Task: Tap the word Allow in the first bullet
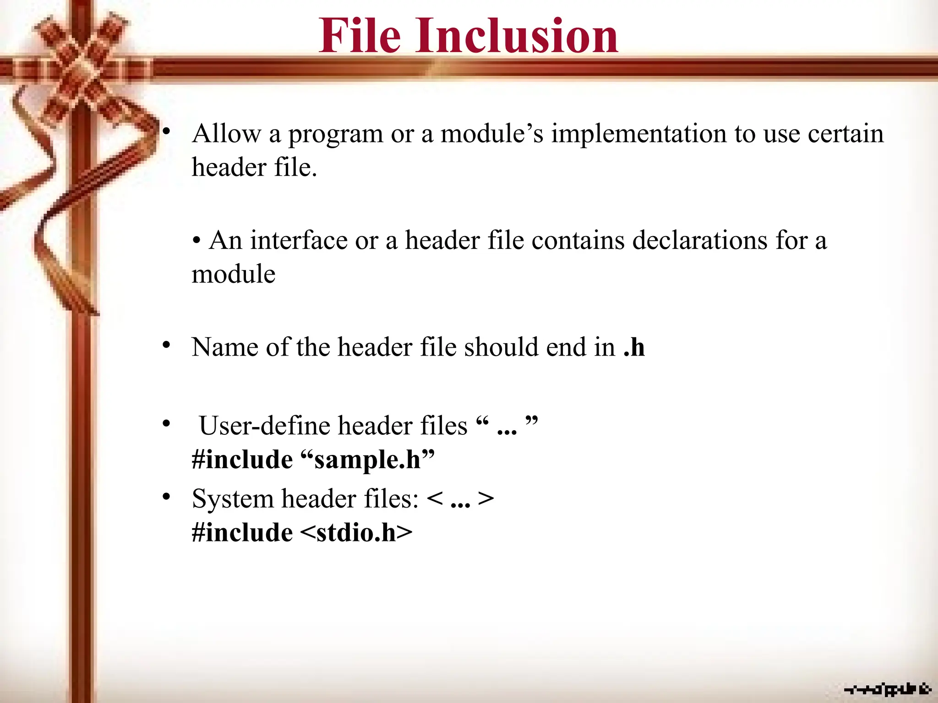(x=226, y=134)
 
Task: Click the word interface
(x=299, y=240)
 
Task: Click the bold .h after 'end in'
(x=634, y=347)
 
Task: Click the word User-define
(x=265, y=426)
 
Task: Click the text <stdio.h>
(x=357, y=533)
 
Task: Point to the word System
(x=232, y=499)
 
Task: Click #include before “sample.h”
(x=242, y=460)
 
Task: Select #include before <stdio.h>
(x=242, y=533)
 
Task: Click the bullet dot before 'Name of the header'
(x=166, y=345)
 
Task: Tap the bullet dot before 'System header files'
(x=166, y=496)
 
